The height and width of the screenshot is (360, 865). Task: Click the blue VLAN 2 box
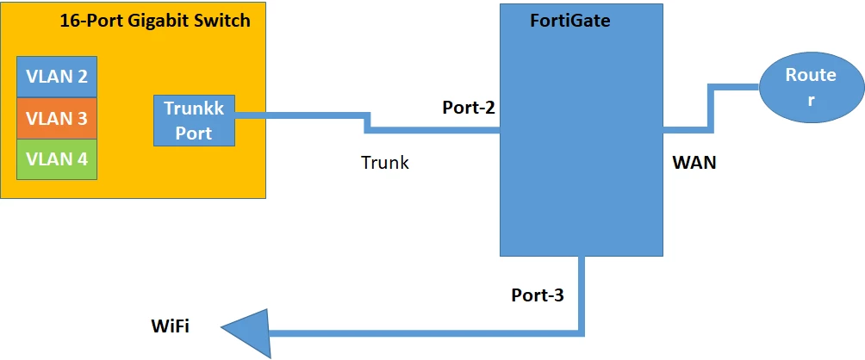pyautogui.click(x=57, y=77)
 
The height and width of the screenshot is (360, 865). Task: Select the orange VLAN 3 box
pyautogui.click(x=57, y=118)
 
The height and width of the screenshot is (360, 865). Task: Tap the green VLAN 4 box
pyautogui.click(x=57, y=158)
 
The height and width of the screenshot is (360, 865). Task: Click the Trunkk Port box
pyautogui.click(x=194, y=121)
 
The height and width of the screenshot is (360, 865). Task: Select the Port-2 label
pyautogui.click(x=469, y=108)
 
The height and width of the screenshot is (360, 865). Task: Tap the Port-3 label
pyautogui.click(x=538, y=295)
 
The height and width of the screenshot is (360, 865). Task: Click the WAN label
pyautogui.click(x=694, y=163)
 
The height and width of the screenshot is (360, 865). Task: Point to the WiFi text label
pyautogui.click(x=170, y=326)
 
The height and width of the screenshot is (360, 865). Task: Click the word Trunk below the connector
pyautogui.click(x=385, y=163)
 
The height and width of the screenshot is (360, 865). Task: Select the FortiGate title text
pyautogui.click(x=569, y=21)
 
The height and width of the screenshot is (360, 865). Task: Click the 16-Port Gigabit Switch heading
pyautogui.click(x=155, y=21)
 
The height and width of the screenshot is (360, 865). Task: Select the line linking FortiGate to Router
pyautogui.click(x=711, y=108)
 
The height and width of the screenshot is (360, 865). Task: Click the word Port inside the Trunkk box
pyautogui.click(x=194, y=133)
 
